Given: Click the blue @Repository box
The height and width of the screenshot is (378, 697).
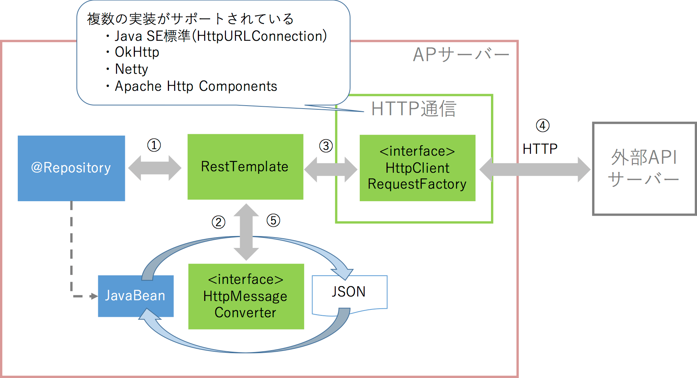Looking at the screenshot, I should (x=71, y=168).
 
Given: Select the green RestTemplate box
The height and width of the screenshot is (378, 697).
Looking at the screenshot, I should (x=245, y=167).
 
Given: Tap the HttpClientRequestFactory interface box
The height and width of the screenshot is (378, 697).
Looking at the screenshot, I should (x=417, y=168).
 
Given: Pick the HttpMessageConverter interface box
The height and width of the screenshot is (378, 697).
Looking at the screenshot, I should (x=246, y=296).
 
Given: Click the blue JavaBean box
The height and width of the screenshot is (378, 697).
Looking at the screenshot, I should (x=135, y=296).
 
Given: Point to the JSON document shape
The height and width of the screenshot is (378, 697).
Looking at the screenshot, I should (x=349, y=292).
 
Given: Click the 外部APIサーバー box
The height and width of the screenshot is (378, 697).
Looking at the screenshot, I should (x=644, y=168).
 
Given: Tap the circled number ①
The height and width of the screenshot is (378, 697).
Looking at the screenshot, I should (x=154, y=145).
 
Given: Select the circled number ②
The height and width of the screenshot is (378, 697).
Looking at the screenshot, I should (x=218, y=222).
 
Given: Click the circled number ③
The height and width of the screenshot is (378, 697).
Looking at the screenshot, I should (x=326, y=146).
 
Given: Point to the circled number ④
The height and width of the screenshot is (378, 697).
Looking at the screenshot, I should (x=542, y=126).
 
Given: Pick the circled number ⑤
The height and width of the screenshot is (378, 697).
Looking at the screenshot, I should (x=273, y=220).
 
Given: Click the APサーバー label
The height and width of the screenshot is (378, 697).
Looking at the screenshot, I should (x=461, y=55).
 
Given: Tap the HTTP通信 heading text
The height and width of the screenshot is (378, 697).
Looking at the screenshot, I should (x=414, y=109).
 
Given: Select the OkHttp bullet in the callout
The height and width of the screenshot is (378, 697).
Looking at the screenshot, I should (x=137, y=52).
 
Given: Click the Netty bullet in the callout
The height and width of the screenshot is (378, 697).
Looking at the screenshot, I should (x=131, y=69).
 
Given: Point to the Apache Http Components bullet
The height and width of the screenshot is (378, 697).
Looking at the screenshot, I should (x=196, y=86).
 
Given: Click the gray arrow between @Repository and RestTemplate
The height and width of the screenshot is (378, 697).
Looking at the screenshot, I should (x=155, y=168).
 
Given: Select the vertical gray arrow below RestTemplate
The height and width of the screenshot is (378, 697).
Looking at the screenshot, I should (x=246, y=232).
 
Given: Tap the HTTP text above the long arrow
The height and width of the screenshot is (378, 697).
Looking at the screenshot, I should (x=540, y=149).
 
